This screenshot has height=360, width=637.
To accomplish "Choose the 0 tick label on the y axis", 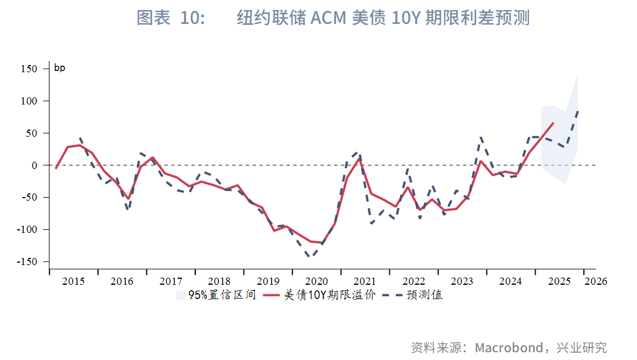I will click(35, 165).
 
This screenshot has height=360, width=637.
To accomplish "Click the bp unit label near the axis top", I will click(60, 68).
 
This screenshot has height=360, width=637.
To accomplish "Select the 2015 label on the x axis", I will click(73, 281).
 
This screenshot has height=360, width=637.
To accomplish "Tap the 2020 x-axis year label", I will click(316, 281).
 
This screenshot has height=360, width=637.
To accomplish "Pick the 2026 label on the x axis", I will click(595, 281).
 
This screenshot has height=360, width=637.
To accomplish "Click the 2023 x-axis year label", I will click(462, 281).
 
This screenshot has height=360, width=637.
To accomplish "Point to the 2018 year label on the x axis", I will click(219, 281).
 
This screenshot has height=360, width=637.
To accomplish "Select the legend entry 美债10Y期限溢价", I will click(329, 295).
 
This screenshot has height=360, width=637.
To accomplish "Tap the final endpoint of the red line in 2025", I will click(553, 122).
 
